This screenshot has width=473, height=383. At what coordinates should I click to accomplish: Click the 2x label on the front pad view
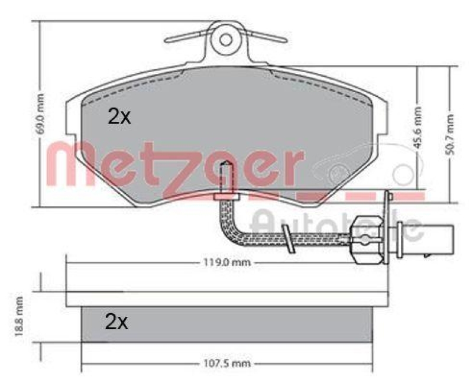pyautogui.click(x=119, y=117)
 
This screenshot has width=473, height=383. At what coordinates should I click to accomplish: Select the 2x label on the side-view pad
pyautogui.click(x=117, y=322)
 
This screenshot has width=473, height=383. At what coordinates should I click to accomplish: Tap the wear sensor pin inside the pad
pyautogui.click(x=224, y=177)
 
